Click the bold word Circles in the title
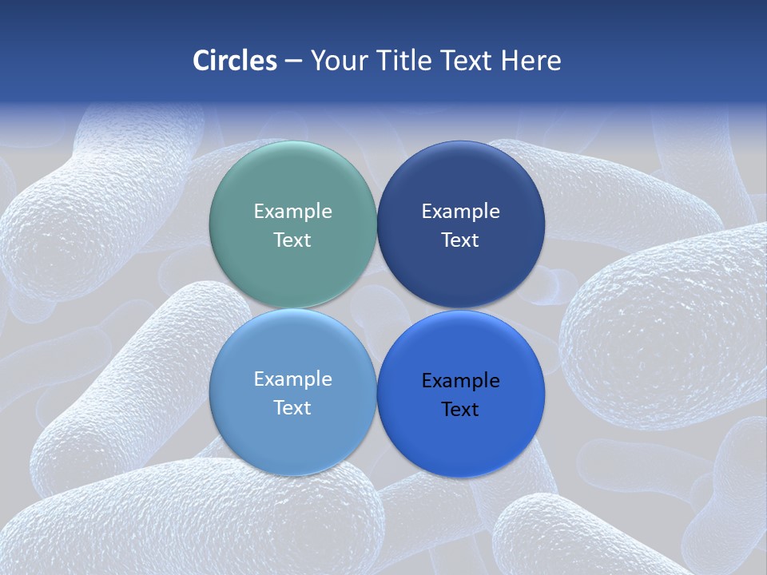click(x=234, y=61)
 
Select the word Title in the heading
click(x=406, y=61)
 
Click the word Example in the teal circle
click(x=292, y=211)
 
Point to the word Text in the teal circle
click(x=292, y=240)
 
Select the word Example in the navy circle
click(x=460, y=211)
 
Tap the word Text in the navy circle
click(x=460, y=240)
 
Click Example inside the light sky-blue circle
click(x=292, y=379)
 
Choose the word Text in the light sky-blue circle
click(x=292, y=407)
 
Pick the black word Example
click(x=460, y=380)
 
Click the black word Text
click(x=460, y=409)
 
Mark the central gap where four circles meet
click(x=376, y=308)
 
